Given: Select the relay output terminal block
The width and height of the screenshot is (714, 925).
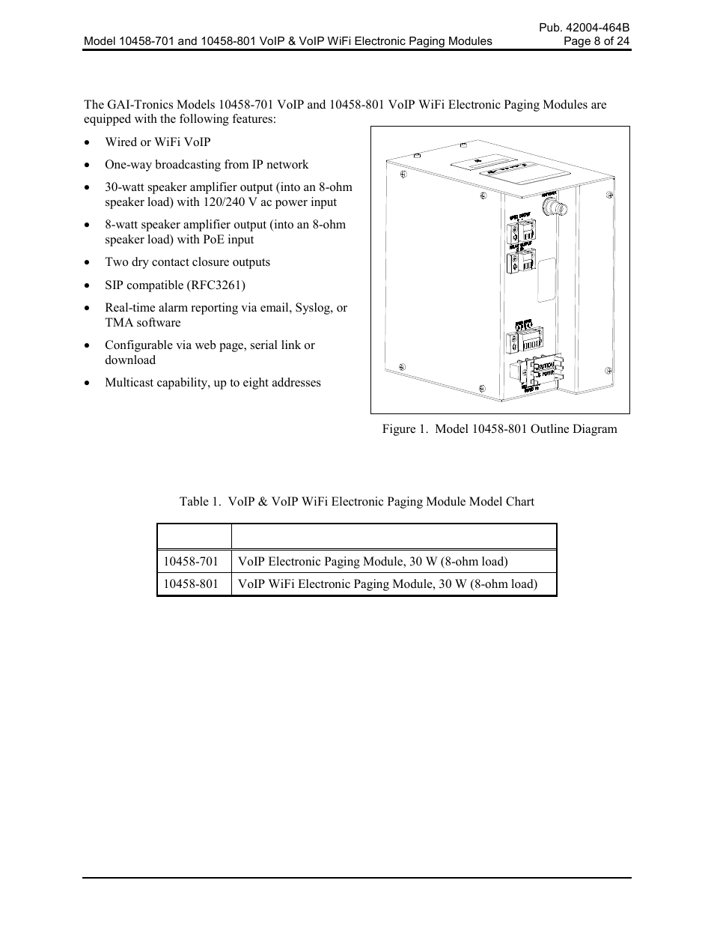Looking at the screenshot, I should click(x=519, y=262).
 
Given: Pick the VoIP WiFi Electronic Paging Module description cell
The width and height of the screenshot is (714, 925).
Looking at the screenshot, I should click(x=387, y=583).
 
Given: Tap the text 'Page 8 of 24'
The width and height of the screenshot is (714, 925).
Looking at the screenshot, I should click(x=596, y=41).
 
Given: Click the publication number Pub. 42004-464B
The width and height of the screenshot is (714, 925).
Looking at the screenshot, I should click(x=585, y=28).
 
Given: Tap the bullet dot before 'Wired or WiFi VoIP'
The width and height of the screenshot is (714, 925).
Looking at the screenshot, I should click(x=88, y=142).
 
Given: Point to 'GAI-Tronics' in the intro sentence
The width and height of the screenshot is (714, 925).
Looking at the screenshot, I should click(x=141, y=104).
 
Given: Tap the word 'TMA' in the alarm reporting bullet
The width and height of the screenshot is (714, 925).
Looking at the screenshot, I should click(x=119, y=322).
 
